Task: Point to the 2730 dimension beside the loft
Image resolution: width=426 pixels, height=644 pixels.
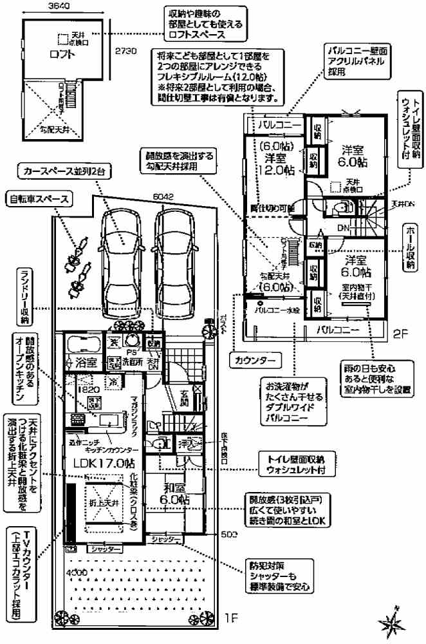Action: coord(125,52)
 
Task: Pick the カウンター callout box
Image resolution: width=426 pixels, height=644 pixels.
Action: coord(255,357)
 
